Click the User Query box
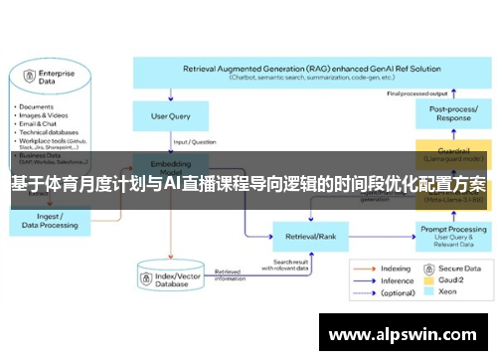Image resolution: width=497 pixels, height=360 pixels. coord(170,117)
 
